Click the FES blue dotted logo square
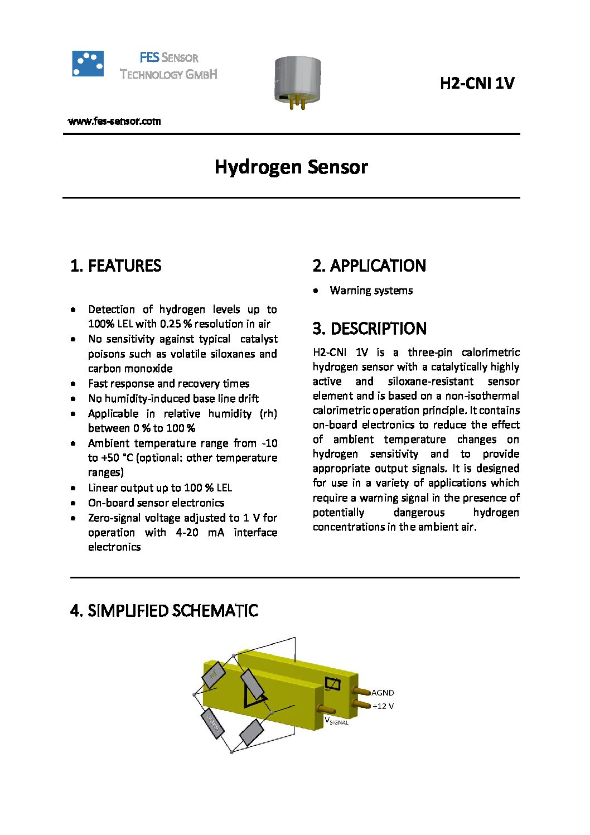[88, 64]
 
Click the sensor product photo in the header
[297, 81]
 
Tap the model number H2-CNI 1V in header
[477, 84]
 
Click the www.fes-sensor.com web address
[114, 122]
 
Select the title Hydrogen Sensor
[291, 167]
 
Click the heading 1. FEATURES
[116, 266]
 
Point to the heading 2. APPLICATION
[369, 266]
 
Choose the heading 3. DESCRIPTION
[369, 329]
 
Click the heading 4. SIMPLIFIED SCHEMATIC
[165, 611]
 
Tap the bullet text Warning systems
[371, 291]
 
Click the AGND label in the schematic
[383, 693]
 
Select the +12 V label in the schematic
[383, 706]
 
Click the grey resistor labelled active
[212, 724]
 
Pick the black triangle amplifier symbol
[254, 697]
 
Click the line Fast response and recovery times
[169, 384]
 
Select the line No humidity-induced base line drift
[173, 399]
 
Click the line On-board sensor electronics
[156, 503]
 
